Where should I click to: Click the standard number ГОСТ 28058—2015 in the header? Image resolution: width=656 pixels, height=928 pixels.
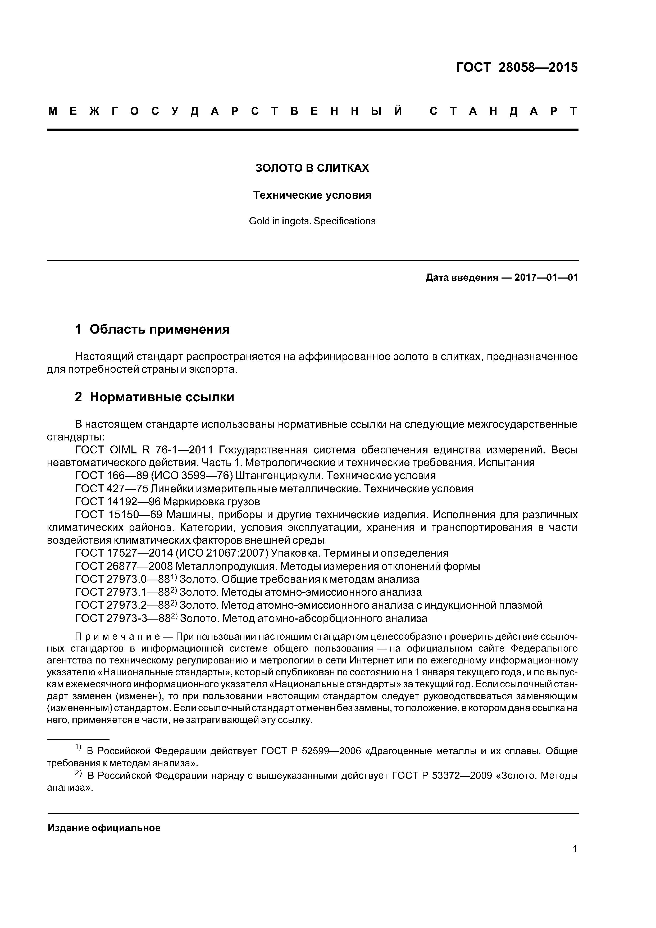517,67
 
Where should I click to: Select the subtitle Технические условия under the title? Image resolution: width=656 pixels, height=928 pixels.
312,195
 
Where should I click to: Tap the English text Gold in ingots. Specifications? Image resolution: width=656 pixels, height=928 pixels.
312,221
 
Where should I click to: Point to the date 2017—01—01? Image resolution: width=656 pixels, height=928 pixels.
546,278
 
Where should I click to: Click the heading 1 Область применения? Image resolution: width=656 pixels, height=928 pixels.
152,329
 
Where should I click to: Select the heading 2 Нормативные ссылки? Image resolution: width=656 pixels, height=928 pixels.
154,397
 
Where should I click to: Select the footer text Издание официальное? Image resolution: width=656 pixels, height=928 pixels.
104,828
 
